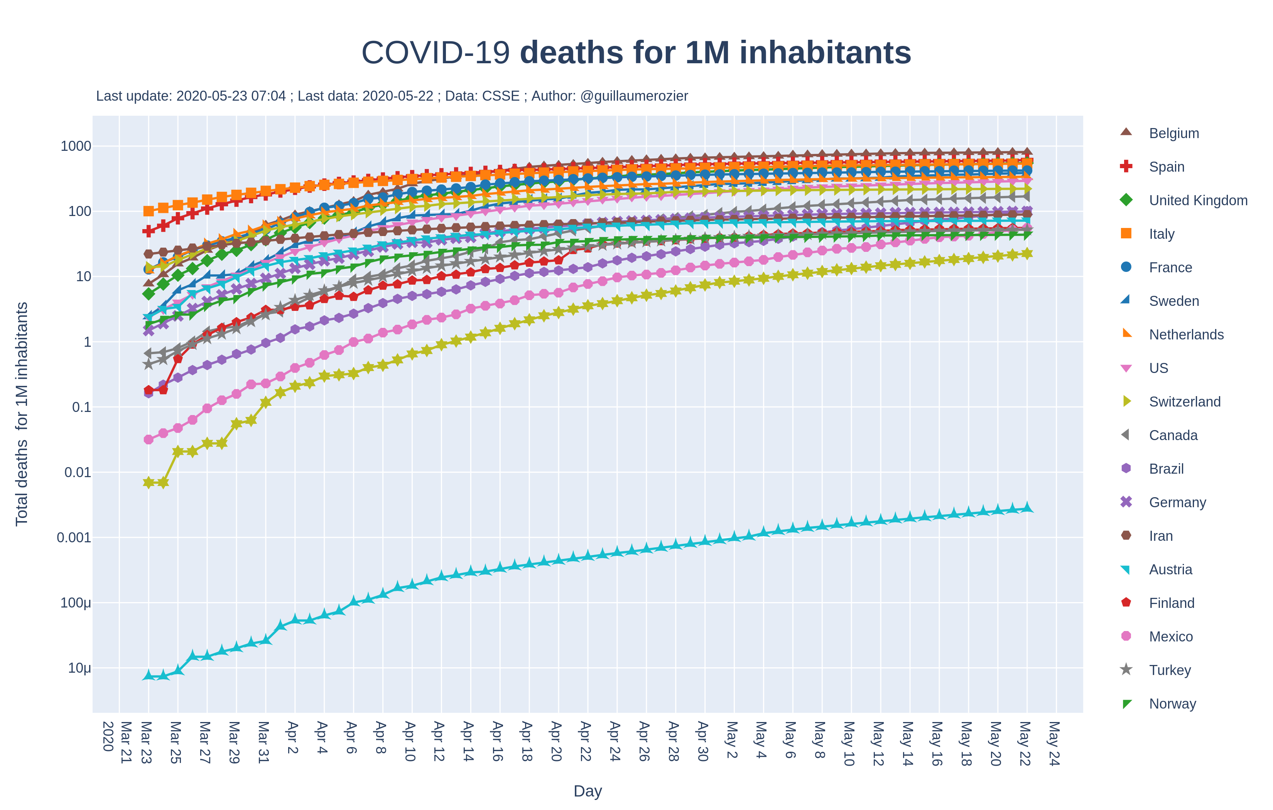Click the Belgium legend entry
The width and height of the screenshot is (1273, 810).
(x=1173, y=133)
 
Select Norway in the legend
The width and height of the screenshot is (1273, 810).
(x=1172, y=704)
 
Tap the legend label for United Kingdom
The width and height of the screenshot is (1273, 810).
(x=1198, y=201)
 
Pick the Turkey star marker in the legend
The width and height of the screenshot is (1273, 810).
(x=1126, y=670)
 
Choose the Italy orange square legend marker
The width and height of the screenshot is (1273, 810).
(x=1126, y=234)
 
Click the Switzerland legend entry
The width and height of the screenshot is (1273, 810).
(x=1185, y=402)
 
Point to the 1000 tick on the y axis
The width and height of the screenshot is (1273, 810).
(x=76, y=146)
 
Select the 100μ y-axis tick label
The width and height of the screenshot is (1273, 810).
(x=76, y=603)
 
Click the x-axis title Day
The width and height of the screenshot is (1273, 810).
(x=588, y=791)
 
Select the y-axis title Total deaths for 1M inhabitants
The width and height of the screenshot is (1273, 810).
(x=22, y=414)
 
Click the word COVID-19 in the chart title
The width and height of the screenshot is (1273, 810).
(x=436, y=53)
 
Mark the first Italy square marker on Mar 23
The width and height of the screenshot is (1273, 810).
(x=149, y=211)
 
